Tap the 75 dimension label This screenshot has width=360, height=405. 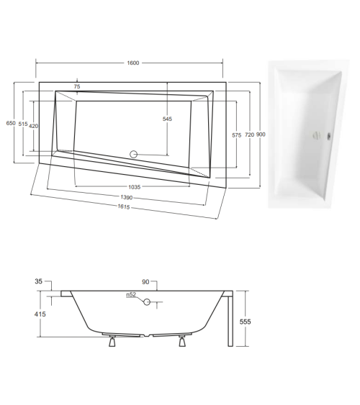click(77, 86)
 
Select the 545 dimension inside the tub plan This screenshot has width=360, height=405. click(167, 119)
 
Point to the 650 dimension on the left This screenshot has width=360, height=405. click(11, 124)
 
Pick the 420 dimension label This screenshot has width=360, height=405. click(33, 126)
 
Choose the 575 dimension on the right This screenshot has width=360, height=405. click(236, 135)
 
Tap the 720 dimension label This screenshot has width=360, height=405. click(248, 135)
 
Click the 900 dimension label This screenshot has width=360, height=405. click(261, 135)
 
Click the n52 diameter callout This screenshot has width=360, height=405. click(131, 295)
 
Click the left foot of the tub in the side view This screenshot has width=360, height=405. click(111, 342)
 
